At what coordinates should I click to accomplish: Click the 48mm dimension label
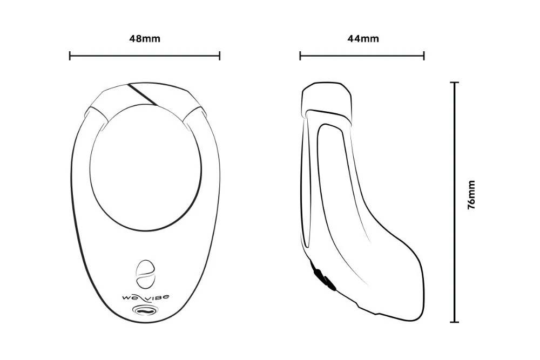coord(145,39)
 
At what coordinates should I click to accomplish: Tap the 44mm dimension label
coord(362,39)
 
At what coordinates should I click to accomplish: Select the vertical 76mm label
coord(471,195)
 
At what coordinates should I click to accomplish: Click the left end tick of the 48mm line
coord(70,56)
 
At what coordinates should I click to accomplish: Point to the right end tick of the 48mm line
coord(219,56)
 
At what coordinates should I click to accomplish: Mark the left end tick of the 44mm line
coord(300,56)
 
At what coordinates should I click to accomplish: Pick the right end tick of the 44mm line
coord(424,56)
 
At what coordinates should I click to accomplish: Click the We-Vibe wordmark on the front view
coord(145,296)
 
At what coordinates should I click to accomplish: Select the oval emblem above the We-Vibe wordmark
coord(144,274)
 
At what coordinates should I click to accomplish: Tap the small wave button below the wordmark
coord(145,310)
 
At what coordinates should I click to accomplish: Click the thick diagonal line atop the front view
coord(143,94)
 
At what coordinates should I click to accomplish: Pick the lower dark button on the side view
coord(328,283)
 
